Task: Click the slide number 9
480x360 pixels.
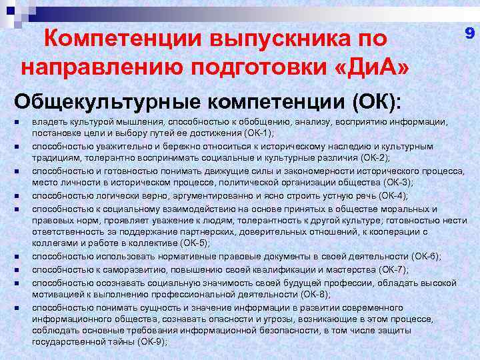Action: click(469, 32)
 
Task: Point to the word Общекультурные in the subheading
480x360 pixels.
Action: click(107, 103)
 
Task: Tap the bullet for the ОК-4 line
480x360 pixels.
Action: click(15, 196)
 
